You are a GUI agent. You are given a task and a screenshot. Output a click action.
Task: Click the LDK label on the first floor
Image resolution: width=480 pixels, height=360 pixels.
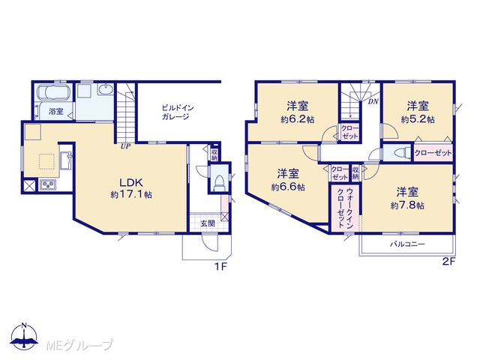coord(131,183)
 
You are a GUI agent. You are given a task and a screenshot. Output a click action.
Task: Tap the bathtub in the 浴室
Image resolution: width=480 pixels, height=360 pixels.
coord(54,92)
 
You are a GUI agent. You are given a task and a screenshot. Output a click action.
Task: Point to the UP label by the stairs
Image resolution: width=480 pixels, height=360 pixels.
coord(125,147)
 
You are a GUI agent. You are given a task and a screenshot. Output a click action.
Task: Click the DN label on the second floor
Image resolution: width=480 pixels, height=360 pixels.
coord(373,102)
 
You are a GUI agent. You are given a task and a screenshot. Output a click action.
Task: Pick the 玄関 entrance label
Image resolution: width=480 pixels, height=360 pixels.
coord(208,223)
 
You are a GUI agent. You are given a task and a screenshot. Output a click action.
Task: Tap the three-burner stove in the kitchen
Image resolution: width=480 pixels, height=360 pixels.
coord(48,184)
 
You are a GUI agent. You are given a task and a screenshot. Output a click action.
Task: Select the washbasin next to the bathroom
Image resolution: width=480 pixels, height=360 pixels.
coord(106,90)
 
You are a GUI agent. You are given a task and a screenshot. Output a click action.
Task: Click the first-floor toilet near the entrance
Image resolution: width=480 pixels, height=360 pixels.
coord(219,183)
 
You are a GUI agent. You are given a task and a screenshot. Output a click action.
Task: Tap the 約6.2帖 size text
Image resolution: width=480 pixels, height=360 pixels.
coord(298,119)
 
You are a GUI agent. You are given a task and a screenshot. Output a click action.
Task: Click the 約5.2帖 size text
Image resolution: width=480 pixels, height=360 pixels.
coord(418,119)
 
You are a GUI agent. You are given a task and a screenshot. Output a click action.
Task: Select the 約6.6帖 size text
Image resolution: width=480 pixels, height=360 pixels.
coord(288,187)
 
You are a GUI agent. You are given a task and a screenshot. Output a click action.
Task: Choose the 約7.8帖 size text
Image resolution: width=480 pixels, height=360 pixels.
coord(407,205)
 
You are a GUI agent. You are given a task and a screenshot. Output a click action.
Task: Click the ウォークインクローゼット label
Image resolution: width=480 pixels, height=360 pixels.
coord(345,208)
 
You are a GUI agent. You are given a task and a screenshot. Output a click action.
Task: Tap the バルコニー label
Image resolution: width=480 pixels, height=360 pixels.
coord(407,244)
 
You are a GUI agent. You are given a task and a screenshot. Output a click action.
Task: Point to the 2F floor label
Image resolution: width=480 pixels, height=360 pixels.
coord(449,262)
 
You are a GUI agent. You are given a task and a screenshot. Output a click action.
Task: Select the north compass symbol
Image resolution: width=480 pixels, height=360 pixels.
coord(24,335)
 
